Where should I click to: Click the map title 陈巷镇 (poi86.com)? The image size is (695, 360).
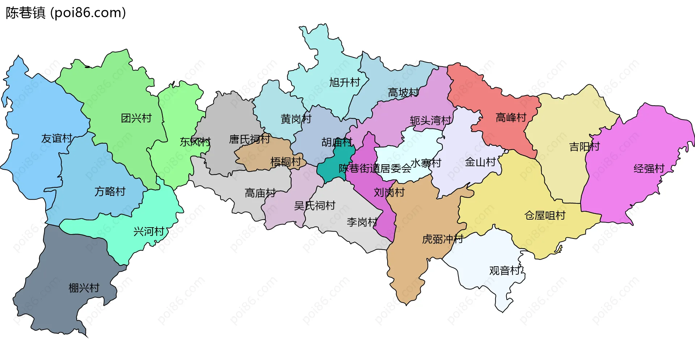[x=66, y=13]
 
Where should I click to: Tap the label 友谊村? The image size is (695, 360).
[x=57, y=138]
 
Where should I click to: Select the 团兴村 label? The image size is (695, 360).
[x=136, y=118]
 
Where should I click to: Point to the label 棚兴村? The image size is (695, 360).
[x=84, y=288]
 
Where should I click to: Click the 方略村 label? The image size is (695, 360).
[x=110, y=191]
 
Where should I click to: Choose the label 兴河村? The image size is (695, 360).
[x=149, y=231]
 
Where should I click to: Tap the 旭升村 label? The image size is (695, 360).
[x=345, y=82]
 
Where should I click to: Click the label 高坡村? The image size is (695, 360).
[x=403, y=93]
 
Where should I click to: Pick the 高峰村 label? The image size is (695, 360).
[x=511, y=117]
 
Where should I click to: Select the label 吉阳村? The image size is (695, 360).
[x=584, y=147]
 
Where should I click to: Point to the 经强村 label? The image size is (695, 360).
[x=649, y=168]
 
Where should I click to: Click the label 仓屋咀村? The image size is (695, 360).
[x=545, y=215]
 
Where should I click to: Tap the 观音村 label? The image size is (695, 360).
[x=505, y=271]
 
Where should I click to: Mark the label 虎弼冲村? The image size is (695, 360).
[x=442, y=239]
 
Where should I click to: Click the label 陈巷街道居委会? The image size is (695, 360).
[x=375, y=168]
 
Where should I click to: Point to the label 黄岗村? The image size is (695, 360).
[x=296, y=119]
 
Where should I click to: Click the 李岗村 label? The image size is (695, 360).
[x=362, y=222]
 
